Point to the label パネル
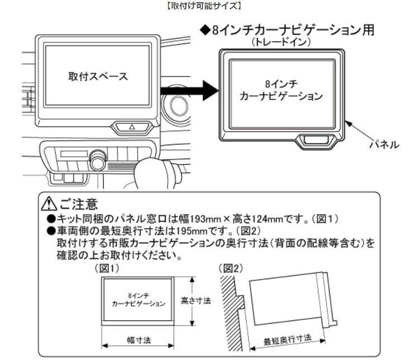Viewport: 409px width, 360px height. [x=384, y=144]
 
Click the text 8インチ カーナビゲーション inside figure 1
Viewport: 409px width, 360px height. [x=134, y=300]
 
